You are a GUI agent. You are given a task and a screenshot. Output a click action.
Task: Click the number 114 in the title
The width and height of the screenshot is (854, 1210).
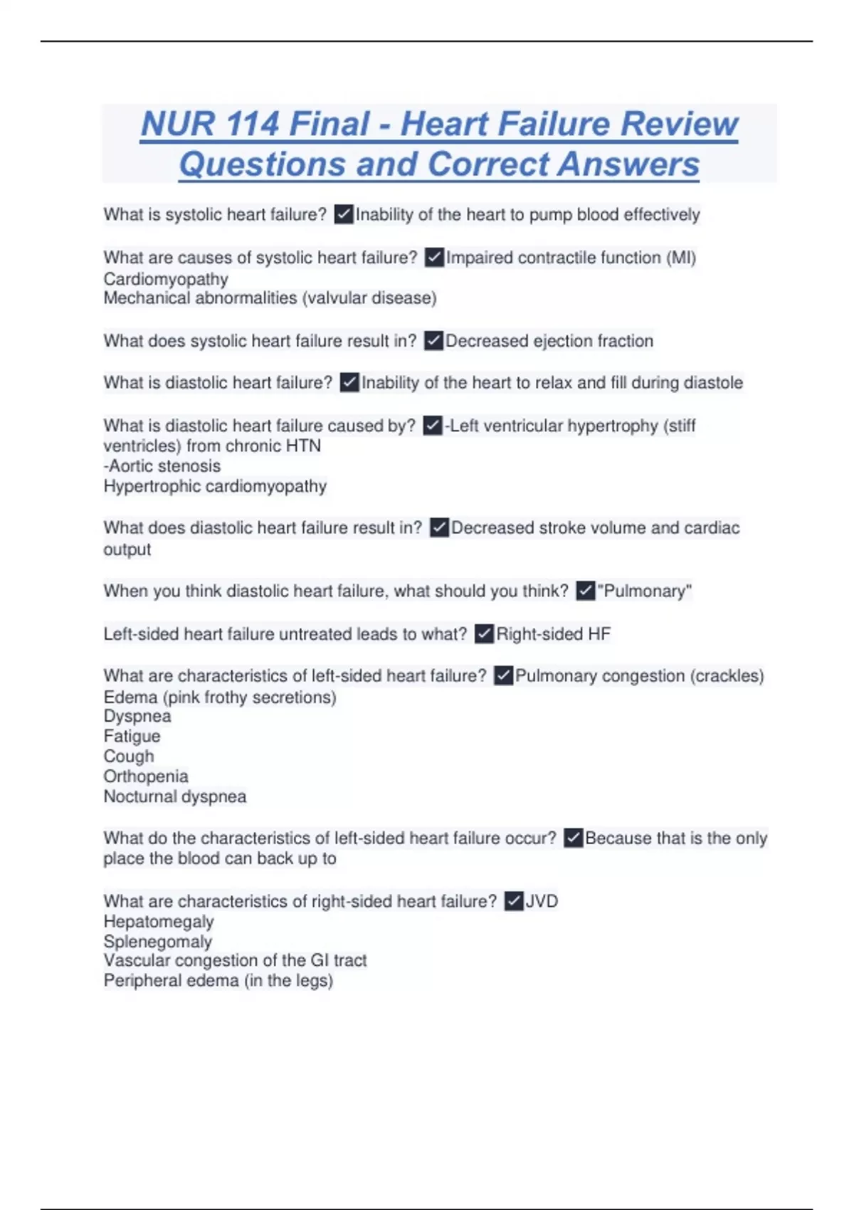253,124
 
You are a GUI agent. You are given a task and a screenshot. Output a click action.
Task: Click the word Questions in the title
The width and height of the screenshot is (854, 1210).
262,164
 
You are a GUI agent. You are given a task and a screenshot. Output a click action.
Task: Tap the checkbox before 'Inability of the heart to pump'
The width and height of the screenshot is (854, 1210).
344,214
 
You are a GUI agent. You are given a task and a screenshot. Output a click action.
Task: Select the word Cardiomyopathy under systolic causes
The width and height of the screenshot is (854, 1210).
166,279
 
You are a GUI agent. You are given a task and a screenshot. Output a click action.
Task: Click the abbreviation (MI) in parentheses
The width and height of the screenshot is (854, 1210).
681,258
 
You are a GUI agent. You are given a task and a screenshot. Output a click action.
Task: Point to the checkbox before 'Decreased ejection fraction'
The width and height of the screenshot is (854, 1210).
433,341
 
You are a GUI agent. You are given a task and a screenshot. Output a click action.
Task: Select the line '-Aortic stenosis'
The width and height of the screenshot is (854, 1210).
162,466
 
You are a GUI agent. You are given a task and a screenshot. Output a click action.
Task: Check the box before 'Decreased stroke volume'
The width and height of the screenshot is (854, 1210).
439,527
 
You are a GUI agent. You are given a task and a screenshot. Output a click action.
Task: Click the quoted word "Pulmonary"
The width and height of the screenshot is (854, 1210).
644,591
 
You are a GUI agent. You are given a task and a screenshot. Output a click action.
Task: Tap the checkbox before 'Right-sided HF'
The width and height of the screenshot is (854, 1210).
484,633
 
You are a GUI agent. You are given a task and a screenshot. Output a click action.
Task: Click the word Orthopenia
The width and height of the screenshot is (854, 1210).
146,777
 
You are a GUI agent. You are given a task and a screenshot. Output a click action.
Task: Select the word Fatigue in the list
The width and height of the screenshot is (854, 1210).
132,737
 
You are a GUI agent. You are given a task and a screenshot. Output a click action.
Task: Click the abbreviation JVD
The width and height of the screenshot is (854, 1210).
542,901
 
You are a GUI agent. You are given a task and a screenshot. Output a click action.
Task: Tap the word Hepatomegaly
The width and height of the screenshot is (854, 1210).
159,922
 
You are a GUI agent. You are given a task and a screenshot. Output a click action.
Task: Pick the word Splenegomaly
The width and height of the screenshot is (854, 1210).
158,942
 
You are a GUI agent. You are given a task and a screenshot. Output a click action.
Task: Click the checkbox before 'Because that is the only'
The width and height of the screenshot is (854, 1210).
573,838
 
